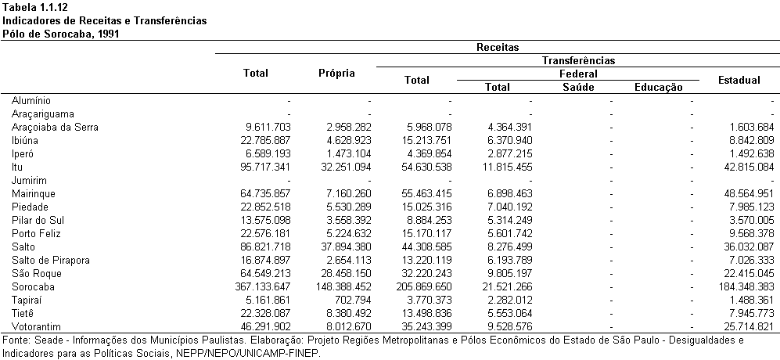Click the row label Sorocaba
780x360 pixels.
tap(33, 287)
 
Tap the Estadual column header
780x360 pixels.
tap(739, 80)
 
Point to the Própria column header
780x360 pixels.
tap(336, 74)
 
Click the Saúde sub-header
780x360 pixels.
tap(578, 88)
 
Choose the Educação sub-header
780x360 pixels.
tap(659, 88)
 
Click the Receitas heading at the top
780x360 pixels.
tap(498, 47)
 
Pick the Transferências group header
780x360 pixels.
tap(578, 61)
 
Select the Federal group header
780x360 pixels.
tap(578, 74)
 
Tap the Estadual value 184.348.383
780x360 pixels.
tap(745, 287)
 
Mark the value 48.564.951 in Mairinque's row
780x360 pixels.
tap(748, 193)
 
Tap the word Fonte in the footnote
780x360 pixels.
tap(15, 340)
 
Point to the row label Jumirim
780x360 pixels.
tap(29, 180)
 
